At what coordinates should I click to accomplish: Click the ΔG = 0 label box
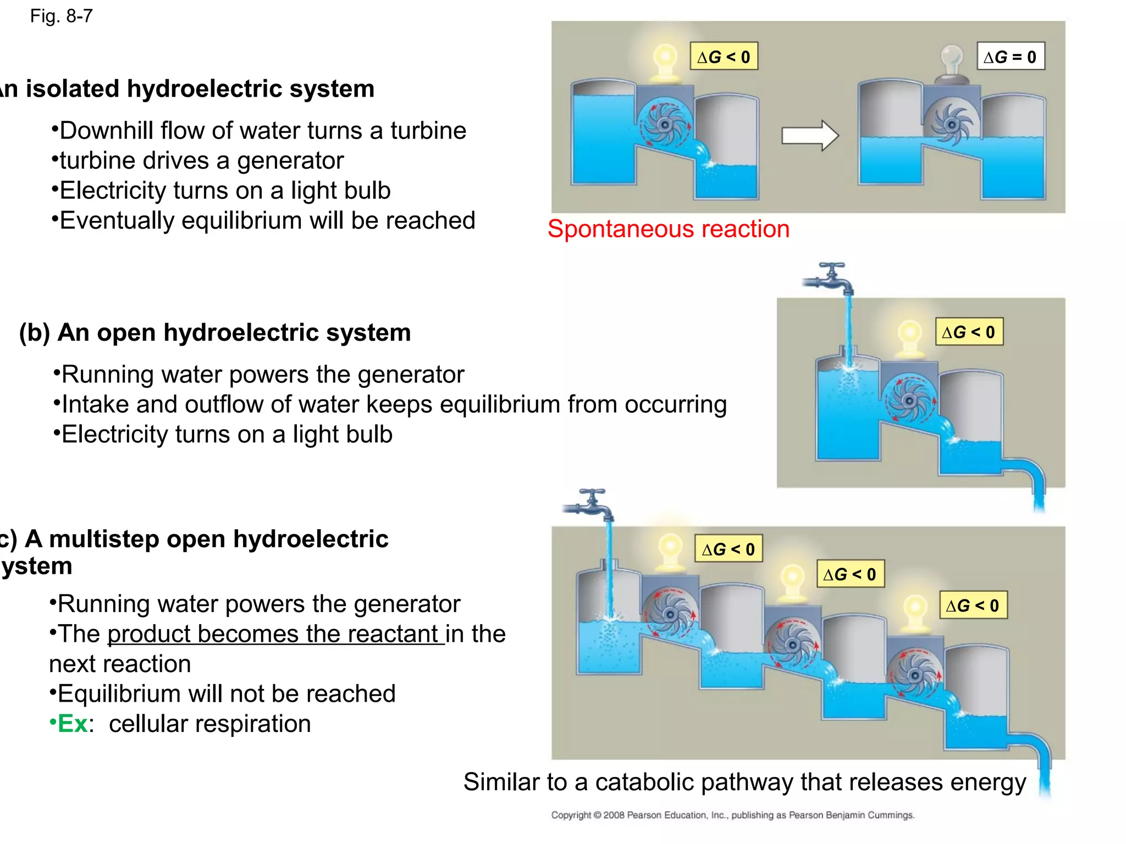click(x=1011, y=57)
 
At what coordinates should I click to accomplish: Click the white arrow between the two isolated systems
click(x=809, y=135)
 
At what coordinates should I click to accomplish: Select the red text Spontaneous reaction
click(x=668, y=229)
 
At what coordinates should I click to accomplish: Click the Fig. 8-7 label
click(x=61, y=16)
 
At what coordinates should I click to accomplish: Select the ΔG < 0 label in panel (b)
click(x=969, y=332)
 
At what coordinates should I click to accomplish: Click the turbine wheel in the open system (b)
click(x=909, y=401)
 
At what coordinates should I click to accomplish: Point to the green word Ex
click(x=73, y=724)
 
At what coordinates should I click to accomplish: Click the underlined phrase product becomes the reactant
click(x=275, y=634)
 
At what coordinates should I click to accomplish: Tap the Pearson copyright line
click(x=732, y=815)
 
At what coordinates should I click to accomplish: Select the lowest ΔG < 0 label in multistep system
click(x=973, y=606)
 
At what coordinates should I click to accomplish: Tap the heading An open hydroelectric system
click(x=234, y=332)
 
